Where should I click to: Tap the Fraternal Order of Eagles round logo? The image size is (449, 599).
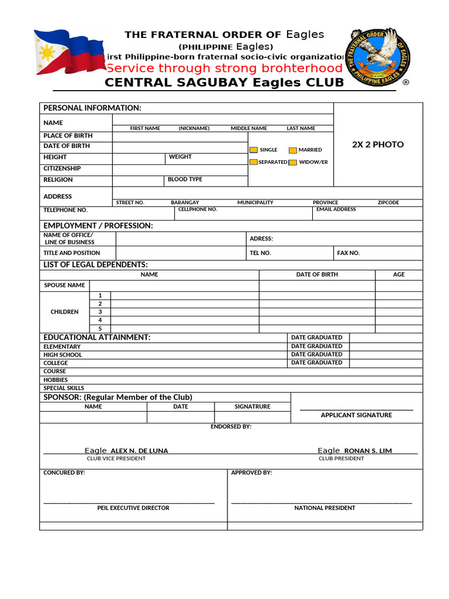[x=379, y=57]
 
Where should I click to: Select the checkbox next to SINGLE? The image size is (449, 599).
[x=254, y=150]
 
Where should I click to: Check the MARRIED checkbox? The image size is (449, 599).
[x=293, y=150]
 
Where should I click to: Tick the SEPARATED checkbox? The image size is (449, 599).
[x=254, y=162]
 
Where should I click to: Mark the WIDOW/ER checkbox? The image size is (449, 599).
[x=293, y=162]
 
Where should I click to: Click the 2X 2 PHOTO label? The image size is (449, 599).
[x=378, y=144]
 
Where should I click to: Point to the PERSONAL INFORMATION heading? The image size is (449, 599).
[x=92, y=108]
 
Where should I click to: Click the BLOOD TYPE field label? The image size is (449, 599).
[x=185, y=180]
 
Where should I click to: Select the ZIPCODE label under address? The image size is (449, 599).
[x=388, y=202]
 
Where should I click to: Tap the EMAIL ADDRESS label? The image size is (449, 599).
[x=336, y=209]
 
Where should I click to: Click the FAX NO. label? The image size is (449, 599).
[x=348, y=253]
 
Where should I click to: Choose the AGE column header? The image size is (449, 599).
[x=399, y=274]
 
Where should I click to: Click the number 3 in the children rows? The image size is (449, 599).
[x=100, y=312]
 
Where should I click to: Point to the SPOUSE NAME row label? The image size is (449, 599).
[x=64, y=285]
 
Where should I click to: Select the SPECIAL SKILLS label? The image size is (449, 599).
[x=64, y=388]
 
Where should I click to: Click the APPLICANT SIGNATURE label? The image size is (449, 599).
[x=356, y=415]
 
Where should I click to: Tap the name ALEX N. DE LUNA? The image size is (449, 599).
[x=139, y=451]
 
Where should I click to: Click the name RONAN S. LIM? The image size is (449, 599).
[x=368, y=451]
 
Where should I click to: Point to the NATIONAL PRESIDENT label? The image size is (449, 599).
[x=324, y=508]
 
